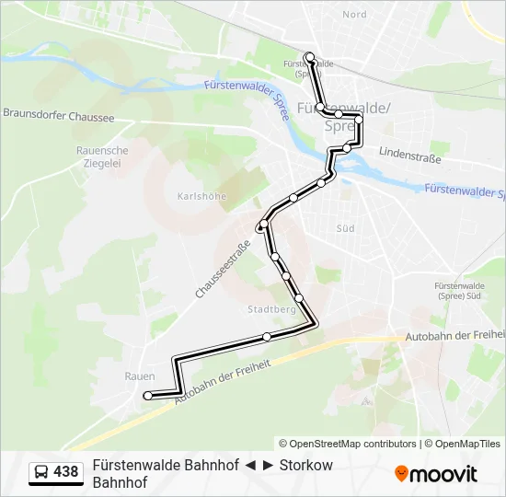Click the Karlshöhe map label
point(201,196)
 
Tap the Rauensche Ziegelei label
point(102,156)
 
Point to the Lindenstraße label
point(409,158)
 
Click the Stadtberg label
point(270,310)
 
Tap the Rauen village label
point(139,376)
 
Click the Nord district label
point(354,15)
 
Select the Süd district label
point(345,227)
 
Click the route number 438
point(66,472)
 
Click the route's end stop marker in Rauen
point(147,396)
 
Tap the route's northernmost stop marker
point(310,57)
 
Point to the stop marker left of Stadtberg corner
point(267,337)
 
